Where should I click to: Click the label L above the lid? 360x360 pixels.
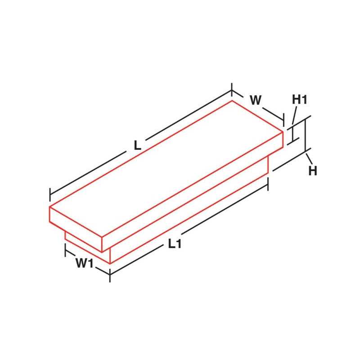click(x=138, y=146)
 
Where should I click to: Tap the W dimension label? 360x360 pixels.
click(x=255, y=100)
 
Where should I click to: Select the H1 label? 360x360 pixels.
click(x=300, y=99)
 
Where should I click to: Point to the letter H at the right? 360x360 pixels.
click(x=313, y=171)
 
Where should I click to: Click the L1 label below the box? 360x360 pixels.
click(x=175, y=244)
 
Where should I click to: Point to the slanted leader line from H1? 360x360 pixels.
click(x=294, y=117)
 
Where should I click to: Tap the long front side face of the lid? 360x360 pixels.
click(x=193, y=198)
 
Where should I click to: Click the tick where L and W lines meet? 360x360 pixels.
click(x=232, y=90)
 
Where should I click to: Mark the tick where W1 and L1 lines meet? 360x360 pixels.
click(x=110, y=274)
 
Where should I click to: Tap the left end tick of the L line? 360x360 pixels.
click(x=50, y=195)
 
